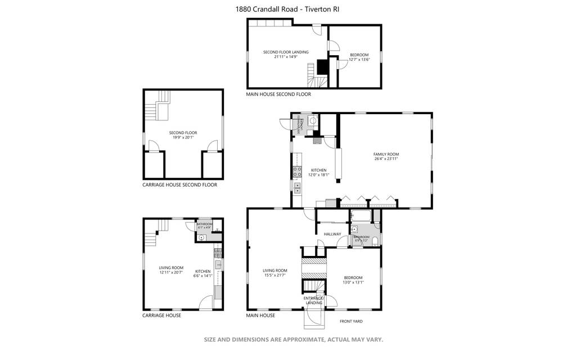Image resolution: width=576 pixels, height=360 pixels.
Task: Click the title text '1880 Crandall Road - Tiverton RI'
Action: click(x=287, y=9)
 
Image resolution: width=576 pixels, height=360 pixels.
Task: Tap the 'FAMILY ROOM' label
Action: click(x=386, y=154)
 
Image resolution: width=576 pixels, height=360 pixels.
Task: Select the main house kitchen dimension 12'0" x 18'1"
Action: click(x=318, y=175)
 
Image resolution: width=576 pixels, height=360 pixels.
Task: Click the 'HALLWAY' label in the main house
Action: click(x=332, y=234)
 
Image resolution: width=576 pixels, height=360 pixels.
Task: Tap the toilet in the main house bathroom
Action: click(x=375, y=241)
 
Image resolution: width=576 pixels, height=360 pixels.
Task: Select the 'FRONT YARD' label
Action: click(x=351, y=321)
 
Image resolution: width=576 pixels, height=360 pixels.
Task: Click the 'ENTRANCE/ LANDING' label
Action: click(x=314, y=300)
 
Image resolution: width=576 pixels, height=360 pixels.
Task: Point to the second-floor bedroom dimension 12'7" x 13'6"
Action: click(x=359, y=59)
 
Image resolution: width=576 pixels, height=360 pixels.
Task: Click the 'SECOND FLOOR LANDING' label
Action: click(x=286, y=52)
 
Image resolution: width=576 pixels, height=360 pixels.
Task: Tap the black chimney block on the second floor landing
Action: click(x=323, y=67)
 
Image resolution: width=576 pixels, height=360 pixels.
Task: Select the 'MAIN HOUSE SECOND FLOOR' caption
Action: click(x=278, y=94)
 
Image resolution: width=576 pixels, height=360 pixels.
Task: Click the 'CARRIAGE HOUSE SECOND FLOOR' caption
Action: click(x=179, y=184)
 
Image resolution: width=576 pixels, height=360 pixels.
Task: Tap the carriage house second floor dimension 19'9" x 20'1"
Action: click(x=183, y=137)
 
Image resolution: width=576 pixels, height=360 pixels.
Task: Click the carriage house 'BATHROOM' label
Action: click(x=204, y=224)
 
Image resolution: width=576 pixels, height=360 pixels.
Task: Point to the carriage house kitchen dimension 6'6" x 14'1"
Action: click(x=202, y=276)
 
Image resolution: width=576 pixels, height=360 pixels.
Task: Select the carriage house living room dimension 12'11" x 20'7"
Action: click(x=171, y=272)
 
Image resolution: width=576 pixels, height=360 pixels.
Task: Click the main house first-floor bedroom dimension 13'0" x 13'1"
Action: click(x=353, y=282)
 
